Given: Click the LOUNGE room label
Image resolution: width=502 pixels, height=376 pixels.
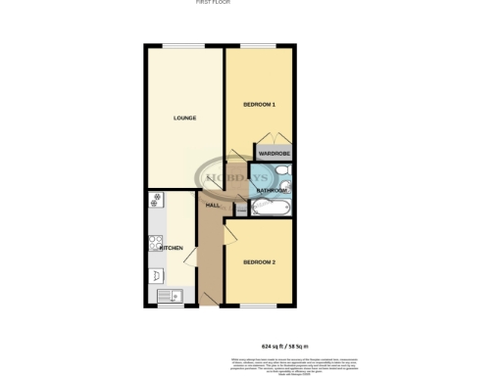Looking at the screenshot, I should [x=184, y=118].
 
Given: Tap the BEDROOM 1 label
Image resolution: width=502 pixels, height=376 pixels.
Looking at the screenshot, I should [x=259, y=104].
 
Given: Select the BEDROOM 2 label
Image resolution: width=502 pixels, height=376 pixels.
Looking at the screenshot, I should [x=259, y=261].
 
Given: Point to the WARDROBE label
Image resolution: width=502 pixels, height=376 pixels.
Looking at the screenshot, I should [x=275, y=154].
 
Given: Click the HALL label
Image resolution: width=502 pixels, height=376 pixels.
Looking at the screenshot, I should [x=213, y=206].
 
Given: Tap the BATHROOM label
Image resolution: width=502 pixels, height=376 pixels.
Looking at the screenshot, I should [x=272, y=190].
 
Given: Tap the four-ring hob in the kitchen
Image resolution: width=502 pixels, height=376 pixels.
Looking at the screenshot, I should [x=155, y=244].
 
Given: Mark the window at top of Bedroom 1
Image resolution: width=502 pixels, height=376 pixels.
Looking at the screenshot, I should [x=259, y=45].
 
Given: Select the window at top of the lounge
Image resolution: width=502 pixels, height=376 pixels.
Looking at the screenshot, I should [x=177, y=45].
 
